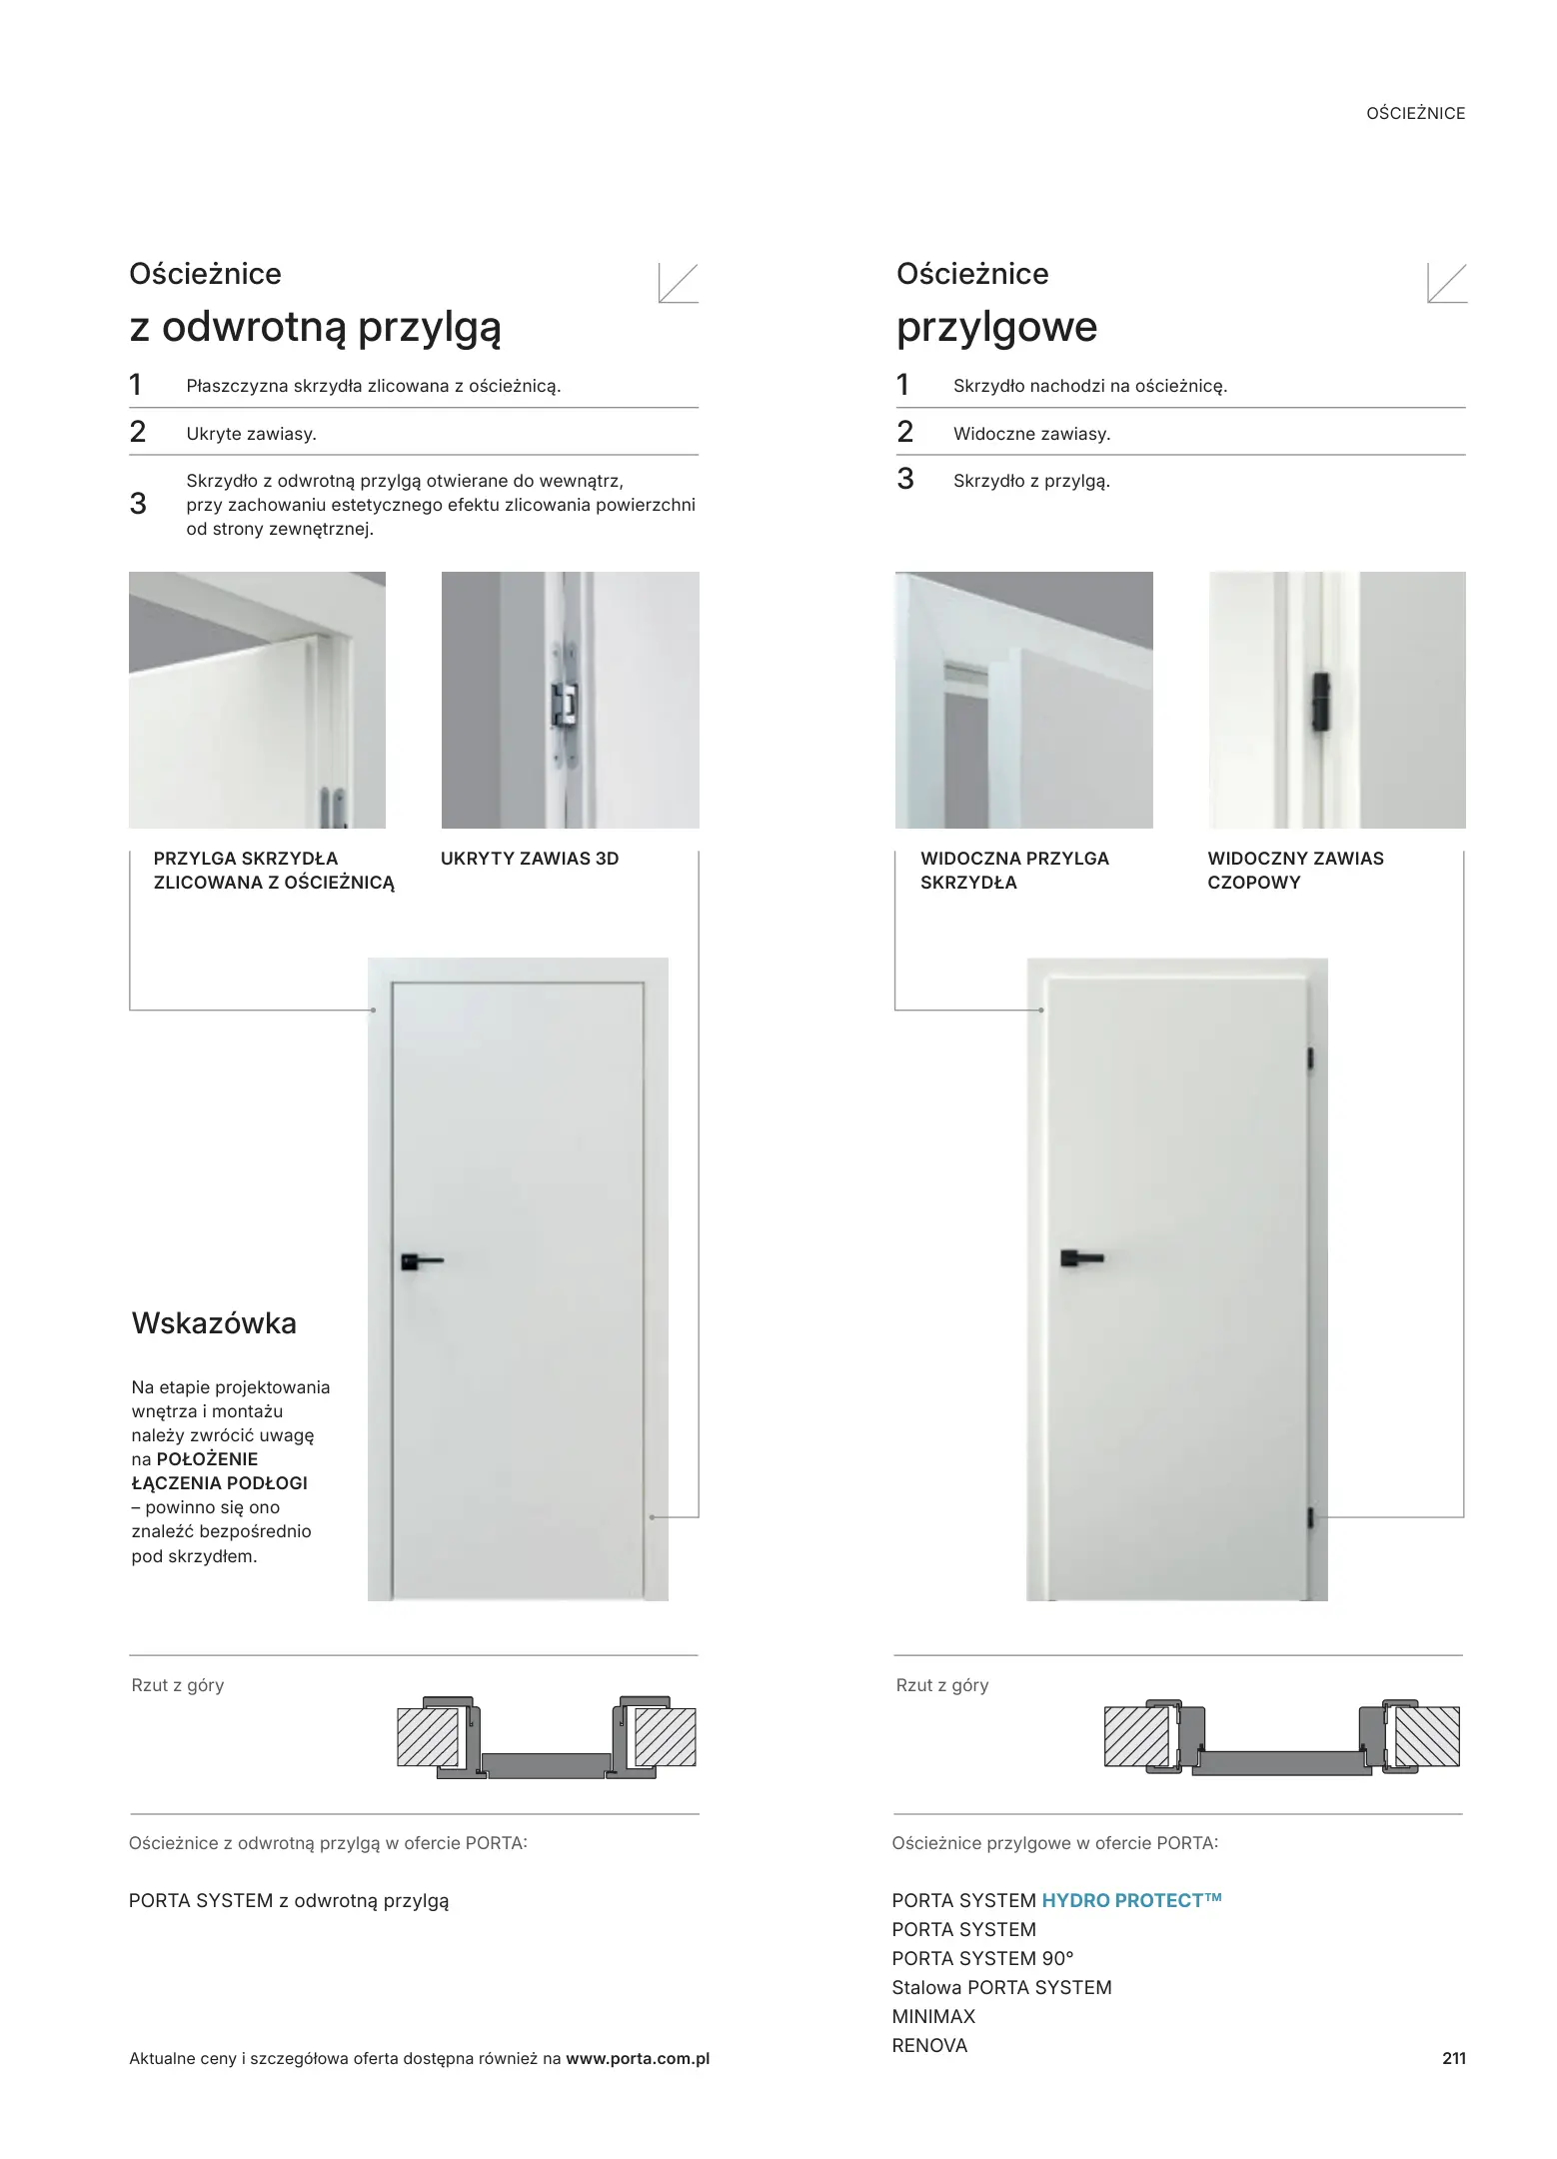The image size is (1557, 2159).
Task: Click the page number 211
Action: pyautogui.click(x=1453, y=2058)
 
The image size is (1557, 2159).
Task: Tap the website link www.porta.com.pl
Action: pyautogui.click(x=638, y=2059)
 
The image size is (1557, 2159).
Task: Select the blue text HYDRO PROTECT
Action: pyautogui.click(x=1131, y=1900)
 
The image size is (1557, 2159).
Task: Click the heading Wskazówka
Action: pyautogui.click(x=214, y=1323)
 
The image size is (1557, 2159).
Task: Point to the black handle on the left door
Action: pyautogui.click(x=419, y=1261)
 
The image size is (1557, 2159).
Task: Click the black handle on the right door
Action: pyautogui.click(x=1080, y=1256)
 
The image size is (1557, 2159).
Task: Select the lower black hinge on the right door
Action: pyautogui.click(x=1311, y=1518)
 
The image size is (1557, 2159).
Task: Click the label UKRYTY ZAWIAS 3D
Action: pyautogui.click(x=530, y=859)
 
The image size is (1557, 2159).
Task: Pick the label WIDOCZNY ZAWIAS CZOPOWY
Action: pyautogui.click(x=1294, y=871)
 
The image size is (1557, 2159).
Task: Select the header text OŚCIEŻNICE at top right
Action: pyautogui.click(x=1415, y=114)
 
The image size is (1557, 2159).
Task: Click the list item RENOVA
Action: pyautogui.click(x=929, y=2045)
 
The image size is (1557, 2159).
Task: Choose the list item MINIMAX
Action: pyautogui.click(x=933, y=2016)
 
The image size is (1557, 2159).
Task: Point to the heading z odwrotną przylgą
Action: pyautogui.click(x=315, y=327)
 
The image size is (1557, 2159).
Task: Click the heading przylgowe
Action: pyautogui.click(x=996, y=327)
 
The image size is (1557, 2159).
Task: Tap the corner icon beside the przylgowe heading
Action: pyautogui.click(x=1446, y=283)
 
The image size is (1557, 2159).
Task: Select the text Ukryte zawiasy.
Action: pyautogui.click(x=251, y=434)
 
